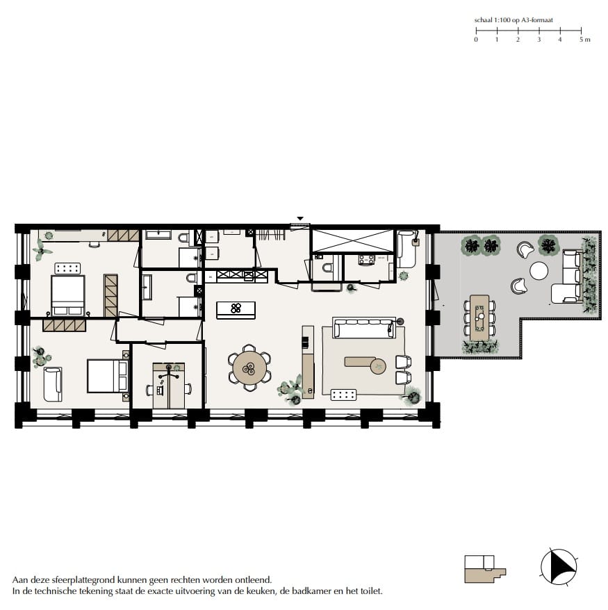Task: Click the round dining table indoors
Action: pos(249,367)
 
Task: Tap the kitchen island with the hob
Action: pos(236,309)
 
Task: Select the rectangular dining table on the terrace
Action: pos(479,318)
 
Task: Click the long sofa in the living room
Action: pos(363,327)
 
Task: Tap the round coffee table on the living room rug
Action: pos(378,365)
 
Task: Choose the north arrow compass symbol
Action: pos(559,566)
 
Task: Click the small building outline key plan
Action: pos(484,570)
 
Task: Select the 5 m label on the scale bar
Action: pos(584,40)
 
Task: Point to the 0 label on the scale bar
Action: pos(476,40)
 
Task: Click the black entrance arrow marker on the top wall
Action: pos(300,219)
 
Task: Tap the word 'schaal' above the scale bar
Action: pos(484,22)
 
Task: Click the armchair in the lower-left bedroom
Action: pos(52,384)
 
